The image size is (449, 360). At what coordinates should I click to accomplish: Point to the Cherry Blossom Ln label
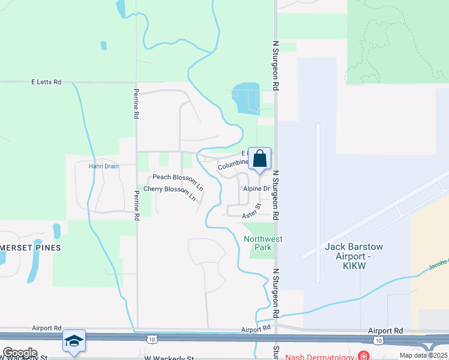(170, 192)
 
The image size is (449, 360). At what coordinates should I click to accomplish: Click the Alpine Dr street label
(257, 188)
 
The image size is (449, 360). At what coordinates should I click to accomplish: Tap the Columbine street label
(233, 164)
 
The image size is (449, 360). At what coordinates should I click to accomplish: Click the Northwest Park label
(263, 243)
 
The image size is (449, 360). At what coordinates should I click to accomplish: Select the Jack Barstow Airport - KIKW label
(354, 251)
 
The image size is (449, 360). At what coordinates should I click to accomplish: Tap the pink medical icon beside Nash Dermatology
(364, 356)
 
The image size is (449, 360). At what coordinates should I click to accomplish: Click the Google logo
(20, 353)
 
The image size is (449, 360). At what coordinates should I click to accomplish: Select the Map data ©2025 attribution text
(423, 355)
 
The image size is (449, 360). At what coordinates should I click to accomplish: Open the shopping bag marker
(260, 159)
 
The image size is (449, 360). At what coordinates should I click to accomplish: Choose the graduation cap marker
(74, 341)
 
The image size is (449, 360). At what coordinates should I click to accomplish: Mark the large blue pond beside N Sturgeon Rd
(245, 98)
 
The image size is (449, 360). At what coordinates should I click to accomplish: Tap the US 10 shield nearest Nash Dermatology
(378, 340)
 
